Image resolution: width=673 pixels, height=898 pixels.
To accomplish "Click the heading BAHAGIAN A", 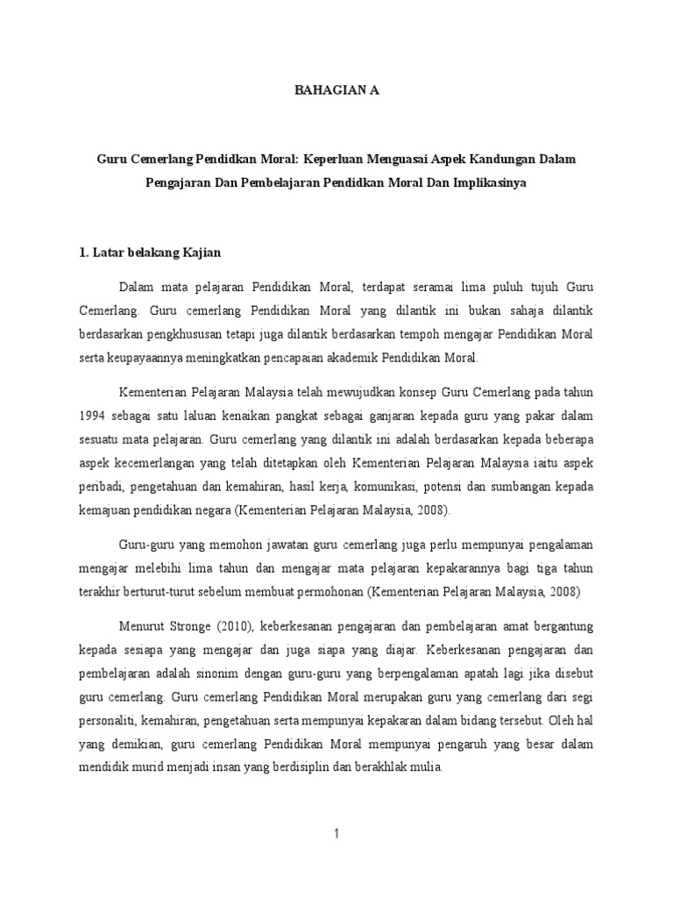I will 336,90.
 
